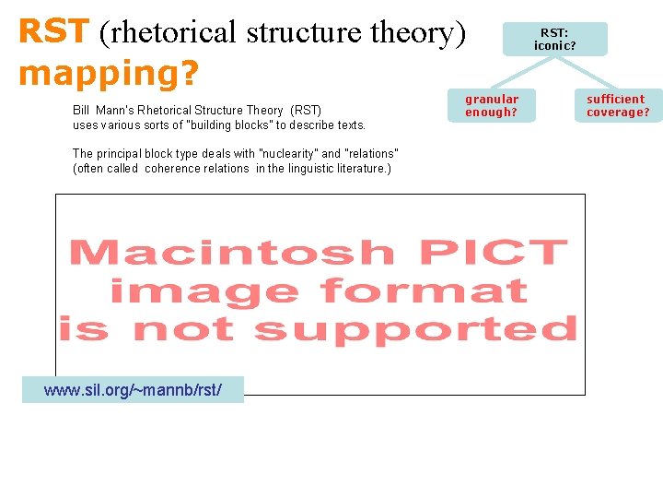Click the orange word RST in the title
click(52, 31)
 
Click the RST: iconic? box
click(554, 39)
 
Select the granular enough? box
click(491, 105)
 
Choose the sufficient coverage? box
click(618, 105)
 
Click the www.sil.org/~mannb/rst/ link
click(133, 390)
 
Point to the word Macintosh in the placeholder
click(231, 253)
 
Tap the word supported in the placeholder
click(415, 329)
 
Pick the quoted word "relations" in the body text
click(371, 154)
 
